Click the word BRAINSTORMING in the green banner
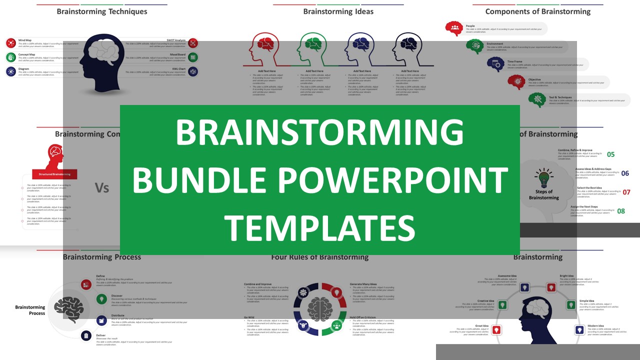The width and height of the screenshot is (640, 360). click(319, 133)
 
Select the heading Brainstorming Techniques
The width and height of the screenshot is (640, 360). click(102, 11)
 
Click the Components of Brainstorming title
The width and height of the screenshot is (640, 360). click(538, 11)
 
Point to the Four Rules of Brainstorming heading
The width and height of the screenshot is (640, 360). click(319, 257)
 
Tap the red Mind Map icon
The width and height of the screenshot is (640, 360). click(11, 43)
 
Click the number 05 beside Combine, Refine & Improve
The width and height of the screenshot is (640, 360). click(610, 154)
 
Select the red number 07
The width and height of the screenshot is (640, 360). click(626, 192)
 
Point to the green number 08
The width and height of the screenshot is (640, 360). click(621, 211)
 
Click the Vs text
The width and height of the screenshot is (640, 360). click(102, 187)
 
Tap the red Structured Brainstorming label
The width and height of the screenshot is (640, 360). click(55, 174)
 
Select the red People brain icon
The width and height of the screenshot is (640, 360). click(454, 28)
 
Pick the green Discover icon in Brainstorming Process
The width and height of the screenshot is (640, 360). click(101, 299)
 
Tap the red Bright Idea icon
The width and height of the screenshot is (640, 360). click(551, 287)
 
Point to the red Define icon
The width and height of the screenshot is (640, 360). click(86, 284)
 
